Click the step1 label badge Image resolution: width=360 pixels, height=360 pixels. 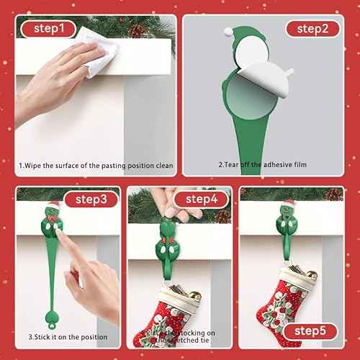(x=49, y=29)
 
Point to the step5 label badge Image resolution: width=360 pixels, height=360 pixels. (x=310, y=331)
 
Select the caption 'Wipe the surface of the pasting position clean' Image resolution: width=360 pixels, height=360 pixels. (x=96, y=165)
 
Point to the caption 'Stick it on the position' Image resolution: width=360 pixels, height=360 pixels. (x=68, y=337)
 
